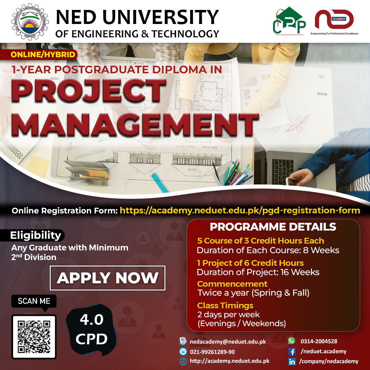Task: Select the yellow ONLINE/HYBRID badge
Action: [43, 54]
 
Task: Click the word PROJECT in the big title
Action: [89, 91]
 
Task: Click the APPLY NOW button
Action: [108, 278]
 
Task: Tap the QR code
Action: [34, 336]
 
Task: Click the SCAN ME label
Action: [34, 301]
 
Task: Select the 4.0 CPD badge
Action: [91, 329]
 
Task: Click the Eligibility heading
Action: [36, 235]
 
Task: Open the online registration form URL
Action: [240, 210]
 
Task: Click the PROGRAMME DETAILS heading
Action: [273, 227]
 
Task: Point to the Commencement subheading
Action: [232, 284]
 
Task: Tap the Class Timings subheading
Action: [225, 305]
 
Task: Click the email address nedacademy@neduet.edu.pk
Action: [228, 341]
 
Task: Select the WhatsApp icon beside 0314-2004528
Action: [292, 341]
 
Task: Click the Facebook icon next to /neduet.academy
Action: [292, 351]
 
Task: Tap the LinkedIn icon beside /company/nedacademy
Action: [292, 361]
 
